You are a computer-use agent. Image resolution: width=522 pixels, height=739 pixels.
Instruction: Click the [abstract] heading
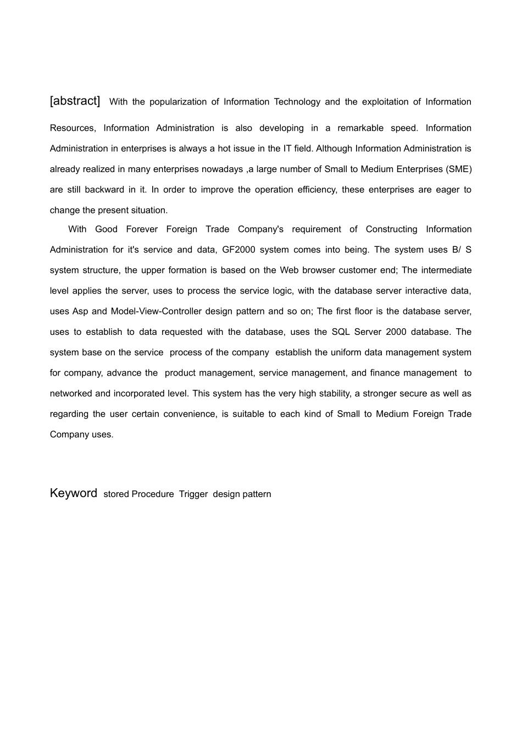[75, 101]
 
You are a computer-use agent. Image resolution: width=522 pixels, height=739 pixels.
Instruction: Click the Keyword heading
[73, 493]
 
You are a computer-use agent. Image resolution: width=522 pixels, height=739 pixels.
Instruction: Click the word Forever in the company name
[142, 229]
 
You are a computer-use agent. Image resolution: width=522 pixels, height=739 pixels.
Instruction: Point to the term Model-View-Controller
[156, 311]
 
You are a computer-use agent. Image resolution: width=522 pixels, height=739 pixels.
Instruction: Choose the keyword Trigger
[193, 494]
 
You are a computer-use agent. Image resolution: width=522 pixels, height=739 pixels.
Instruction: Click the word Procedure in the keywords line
[153, 494]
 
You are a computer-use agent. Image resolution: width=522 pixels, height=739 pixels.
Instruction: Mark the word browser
[326, 270]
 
